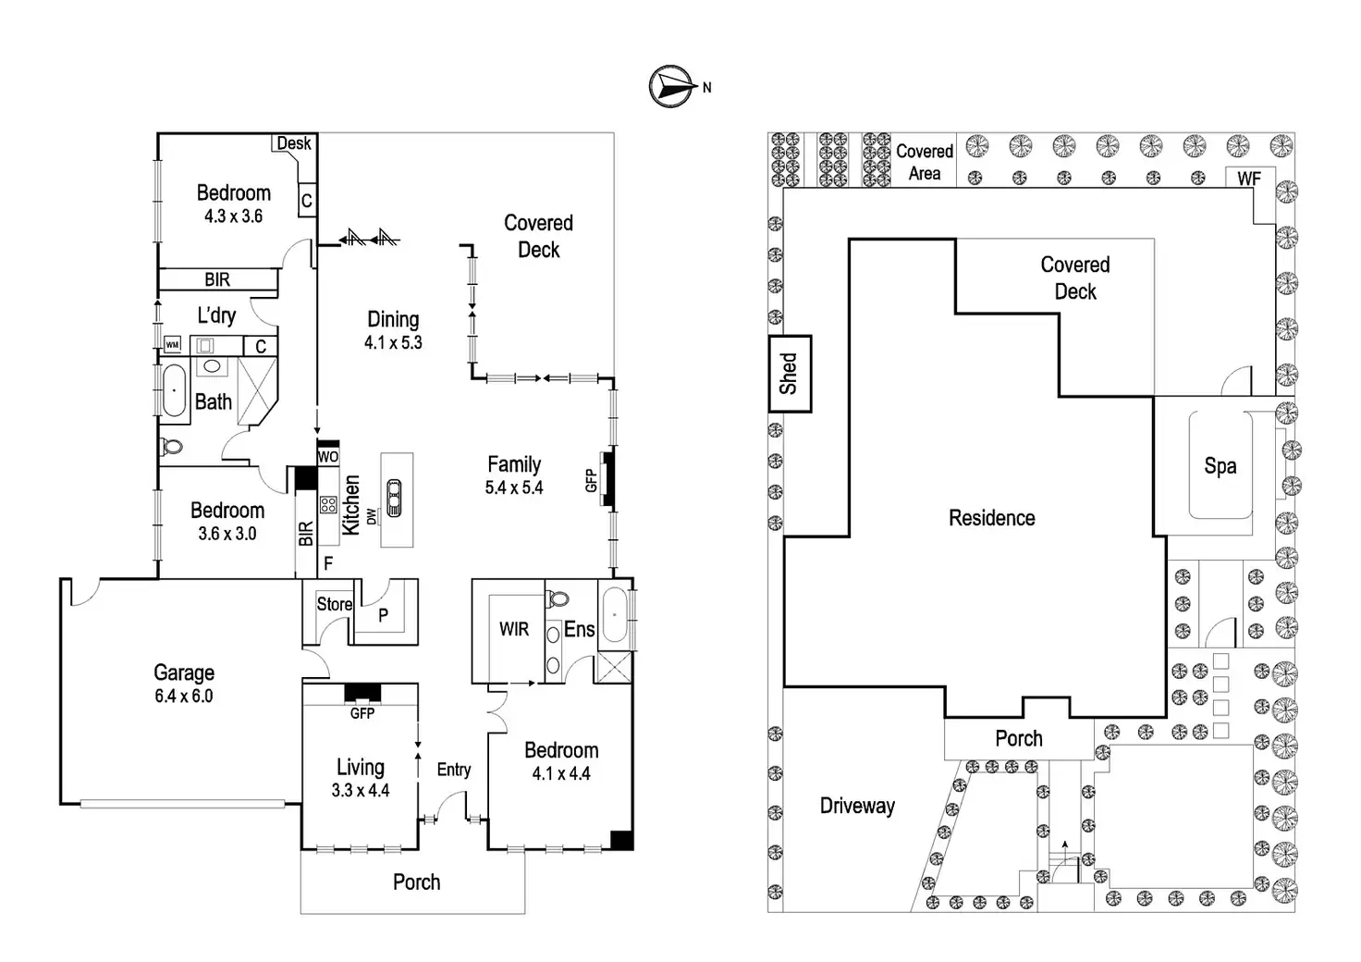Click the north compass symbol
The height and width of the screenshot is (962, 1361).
pos(672,87)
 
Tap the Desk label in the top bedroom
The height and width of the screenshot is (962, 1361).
pos(294,143)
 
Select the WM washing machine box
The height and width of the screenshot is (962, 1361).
pos(173,345)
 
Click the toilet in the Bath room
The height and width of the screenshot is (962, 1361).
pos(171,448)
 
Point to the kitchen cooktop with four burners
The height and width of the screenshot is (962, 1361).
pos(328,504)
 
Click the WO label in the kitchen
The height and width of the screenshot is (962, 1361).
pos(328,457)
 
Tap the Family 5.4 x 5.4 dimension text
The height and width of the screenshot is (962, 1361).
pos(514,487)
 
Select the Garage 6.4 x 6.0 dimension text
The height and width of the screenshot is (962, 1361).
pos(183,696)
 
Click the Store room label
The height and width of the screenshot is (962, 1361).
pos(334,604)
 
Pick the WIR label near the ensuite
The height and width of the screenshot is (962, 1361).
pos(514,629)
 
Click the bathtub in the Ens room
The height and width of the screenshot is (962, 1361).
pos(615,615)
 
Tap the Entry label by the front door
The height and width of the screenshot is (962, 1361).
pos(454,770)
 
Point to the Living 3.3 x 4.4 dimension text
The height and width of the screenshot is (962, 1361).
pos(361,790)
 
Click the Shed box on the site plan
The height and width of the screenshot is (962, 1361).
pos(790,374)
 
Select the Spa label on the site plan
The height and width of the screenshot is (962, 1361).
pos(1220,466)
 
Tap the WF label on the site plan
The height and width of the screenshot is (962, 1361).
pos(1249,179)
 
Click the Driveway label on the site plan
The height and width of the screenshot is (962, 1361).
pos(857,806)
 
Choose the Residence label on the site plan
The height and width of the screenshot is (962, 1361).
pos(991,518)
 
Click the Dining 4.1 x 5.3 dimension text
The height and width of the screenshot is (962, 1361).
pos(393,343)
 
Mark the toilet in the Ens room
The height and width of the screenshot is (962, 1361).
pos(558,598)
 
